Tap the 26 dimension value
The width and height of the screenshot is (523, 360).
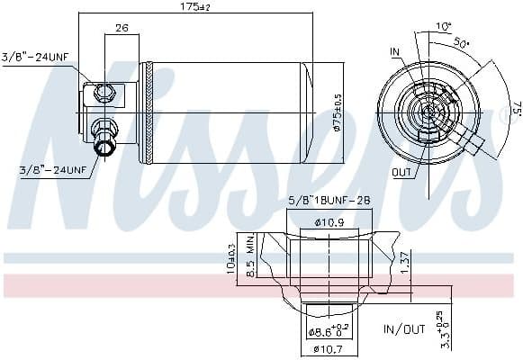point(121,28)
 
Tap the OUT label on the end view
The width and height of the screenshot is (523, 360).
point(402,171)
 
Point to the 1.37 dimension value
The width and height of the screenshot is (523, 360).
point(406,260)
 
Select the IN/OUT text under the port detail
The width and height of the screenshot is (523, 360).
point(404,329)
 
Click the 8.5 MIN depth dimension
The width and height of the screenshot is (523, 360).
point(251,256)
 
